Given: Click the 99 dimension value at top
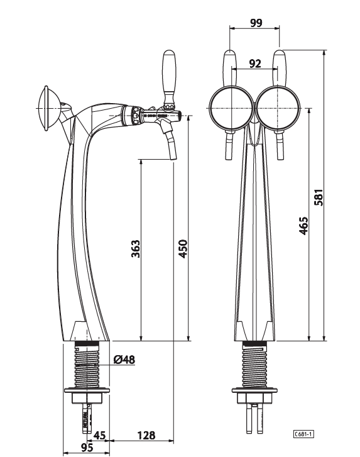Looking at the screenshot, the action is [256, 23].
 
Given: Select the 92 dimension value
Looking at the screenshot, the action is [255, 63].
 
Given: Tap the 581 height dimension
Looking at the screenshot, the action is [319, 197].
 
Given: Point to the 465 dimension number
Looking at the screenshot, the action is [303, 225].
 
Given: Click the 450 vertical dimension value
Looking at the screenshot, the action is [183, 248].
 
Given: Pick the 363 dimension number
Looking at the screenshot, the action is [136, 248].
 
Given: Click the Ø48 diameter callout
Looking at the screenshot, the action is [124, 360].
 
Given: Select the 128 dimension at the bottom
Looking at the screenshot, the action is [146, 435].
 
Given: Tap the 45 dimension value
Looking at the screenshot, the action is [100, 435].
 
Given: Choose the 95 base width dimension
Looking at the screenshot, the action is [87, 447].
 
